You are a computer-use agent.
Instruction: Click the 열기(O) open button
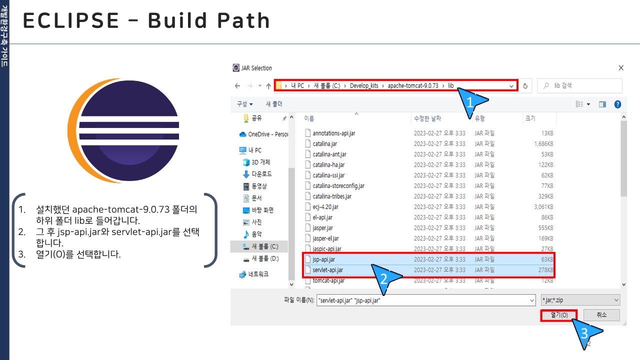[559, 315]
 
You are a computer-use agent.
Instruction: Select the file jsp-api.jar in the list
[323, 259]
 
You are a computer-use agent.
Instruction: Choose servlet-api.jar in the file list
[327, 270]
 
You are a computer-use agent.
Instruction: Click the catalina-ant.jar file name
[329, 154]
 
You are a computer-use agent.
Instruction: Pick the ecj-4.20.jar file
[325, 207]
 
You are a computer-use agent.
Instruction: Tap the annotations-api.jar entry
[333, 133]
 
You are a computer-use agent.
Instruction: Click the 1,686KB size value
[543, 143]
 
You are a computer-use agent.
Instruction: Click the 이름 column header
[309, 118]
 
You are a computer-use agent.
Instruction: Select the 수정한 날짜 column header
[427, 118]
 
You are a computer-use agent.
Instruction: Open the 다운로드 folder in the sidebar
[261, 174]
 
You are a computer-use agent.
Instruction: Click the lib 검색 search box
[579, 85]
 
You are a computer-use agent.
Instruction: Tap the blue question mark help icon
[617, 104]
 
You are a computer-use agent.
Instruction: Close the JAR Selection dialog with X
[621, 68]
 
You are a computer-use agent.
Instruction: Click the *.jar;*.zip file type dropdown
[580, 300]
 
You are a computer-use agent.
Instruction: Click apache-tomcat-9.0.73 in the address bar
[413, 85]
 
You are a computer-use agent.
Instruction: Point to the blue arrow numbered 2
[385, 278]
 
